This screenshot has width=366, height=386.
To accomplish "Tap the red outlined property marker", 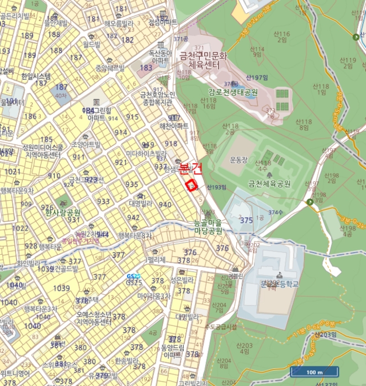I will pyautogui.click(x=192, y=185).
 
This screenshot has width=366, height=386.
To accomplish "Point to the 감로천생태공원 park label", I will pyautogui.click(x=234, y=92).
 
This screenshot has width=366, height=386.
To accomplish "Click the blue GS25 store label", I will pyautogui.click(x=134, y=276).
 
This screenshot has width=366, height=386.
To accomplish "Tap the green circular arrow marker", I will pyautogui.click(x=311, y=202).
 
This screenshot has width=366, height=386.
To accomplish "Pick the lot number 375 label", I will pyautogui.click(x=246, y=220).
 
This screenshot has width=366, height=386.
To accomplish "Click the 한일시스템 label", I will pyautogui.click(x=36, y=76).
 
